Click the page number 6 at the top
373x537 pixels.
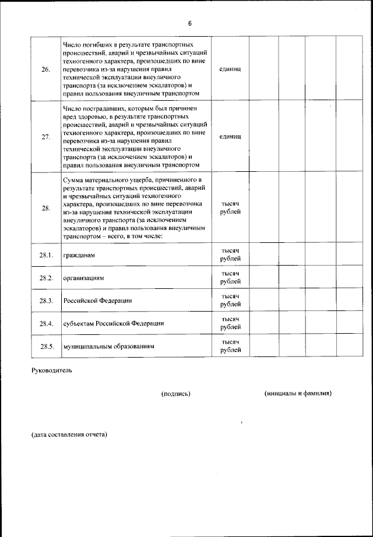coord(189,23)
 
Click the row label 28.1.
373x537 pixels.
coord(46,256)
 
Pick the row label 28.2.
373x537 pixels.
coord(46,278)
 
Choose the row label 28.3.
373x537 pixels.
coord(46,301)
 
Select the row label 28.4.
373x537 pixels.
coord(46,323)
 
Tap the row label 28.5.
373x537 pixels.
coord(46,346)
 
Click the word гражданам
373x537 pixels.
coord(79,256)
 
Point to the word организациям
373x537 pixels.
coord(83,278)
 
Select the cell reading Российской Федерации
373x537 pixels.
coord(97,301)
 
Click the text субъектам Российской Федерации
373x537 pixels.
coord(113,323)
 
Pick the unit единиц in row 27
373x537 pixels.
coord(230,137)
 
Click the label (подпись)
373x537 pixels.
coord(176,394)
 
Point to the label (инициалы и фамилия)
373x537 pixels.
coord(298,393)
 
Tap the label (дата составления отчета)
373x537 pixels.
coord(69,434)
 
